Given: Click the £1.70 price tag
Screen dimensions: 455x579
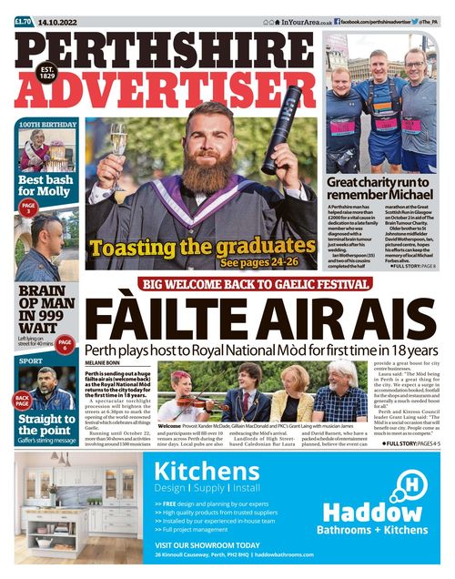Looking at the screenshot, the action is [x=24, y=20].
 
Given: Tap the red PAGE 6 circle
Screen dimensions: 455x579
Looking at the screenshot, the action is [x=65, y=343].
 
